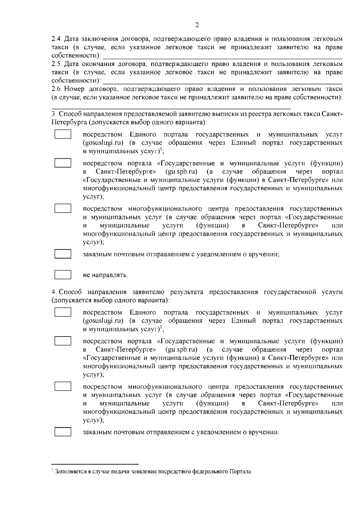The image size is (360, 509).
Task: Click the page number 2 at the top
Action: [x=197, y=25]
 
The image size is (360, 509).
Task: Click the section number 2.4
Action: [x=56, y=39]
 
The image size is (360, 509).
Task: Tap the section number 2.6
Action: [x=56, y=89]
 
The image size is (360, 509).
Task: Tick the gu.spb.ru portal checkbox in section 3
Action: [x=63, y=163]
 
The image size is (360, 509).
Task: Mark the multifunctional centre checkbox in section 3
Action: [x=63, y=208]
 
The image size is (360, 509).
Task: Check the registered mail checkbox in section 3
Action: [x=63, y=254]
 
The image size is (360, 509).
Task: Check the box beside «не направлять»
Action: [x=63, y=274]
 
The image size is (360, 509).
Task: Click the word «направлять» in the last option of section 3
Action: [x=109, y=275]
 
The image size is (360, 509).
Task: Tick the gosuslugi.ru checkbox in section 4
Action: [x=63, y=312]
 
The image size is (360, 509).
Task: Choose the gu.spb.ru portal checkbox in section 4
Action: [x=63, y=341]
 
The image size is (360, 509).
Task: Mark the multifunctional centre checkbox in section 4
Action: [x=63, y=386]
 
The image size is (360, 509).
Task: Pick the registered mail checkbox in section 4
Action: [x=63, y=432]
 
